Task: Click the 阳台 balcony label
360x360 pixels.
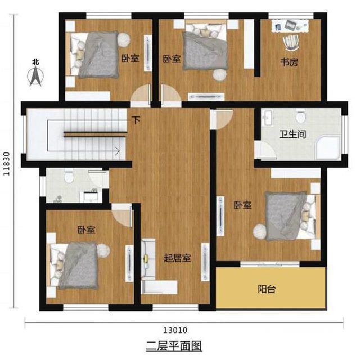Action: [x=267, y=290]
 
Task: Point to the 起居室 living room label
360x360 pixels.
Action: [x=177, y=258]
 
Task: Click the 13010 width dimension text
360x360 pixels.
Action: [x=176, y=330]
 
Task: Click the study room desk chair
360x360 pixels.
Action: [x=290, y=41]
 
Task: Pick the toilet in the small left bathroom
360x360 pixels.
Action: [x=69, y=177]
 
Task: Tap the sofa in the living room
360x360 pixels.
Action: [x=148, y=257]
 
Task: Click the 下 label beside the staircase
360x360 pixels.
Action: [x=136, y=120]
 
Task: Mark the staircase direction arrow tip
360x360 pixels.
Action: [x=119, y=150]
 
